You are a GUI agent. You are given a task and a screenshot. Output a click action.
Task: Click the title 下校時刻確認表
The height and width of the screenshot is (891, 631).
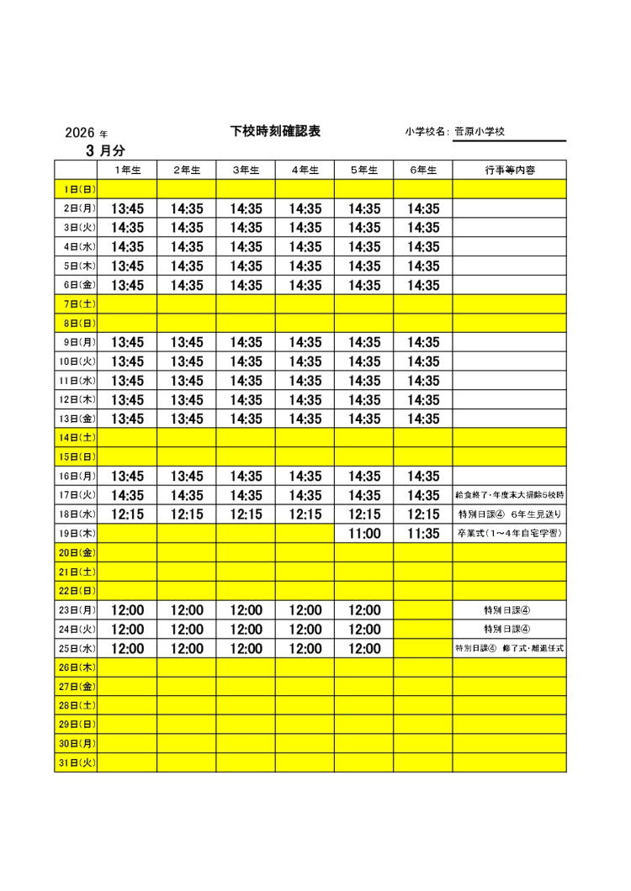coord(275,131)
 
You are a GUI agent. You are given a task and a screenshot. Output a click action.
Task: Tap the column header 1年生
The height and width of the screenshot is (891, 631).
coord(127,170)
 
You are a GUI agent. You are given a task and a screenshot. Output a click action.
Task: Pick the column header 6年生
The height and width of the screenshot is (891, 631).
coord(422,170)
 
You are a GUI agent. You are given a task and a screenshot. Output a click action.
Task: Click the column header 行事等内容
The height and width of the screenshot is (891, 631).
coord(510,170)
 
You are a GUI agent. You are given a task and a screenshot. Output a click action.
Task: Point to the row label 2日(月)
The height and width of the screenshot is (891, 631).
coord(76,208)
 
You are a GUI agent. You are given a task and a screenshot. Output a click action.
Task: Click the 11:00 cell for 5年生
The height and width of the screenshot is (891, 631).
coord(363,534)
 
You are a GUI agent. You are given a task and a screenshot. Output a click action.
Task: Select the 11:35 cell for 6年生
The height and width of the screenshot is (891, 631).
coord(422,534)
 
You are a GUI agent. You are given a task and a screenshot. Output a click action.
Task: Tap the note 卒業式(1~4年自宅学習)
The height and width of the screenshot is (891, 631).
coord(510,534)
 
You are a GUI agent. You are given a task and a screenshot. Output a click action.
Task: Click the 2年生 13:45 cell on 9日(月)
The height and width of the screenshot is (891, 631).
coord(187,342)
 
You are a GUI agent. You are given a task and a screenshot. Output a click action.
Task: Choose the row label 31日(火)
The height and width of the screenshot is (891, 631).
coord(76,763)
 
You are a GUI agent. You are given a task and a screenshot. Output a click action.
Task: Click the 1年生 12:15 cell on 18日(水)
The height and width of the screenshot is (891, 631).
coord(127,514)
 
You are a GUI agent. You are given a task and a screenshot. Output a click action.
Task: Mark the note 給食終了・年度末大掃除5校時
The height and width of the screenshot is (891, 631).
coord(510,495)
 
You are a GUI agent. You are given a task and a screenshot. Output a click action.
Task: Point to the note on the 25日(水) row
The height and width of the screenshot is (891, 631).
coord(510,649)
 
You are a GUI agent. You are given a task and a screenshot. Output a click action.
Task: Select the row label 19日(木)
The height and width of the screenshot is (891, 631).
coord(76,534)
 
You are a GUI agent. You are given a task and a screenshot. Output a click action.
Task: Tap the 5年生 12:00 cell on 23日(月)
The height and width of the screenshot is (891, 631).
coord(363,610)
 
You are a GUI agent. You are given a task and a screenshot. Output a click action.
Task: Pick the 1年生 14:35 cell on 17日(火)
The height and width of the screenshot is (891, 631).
coord(127,495)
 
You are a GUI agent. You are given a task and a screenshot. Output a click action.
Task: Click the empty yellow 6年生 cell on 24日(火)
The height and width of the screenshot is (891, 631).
coord(422,630)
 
